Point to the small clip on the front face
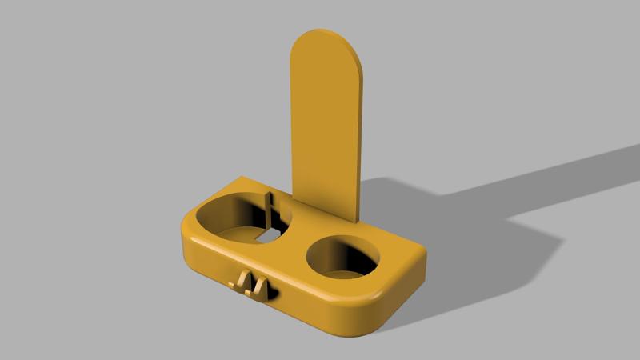253,283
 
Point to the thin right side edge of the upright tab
362,144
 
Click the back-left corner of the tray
240,177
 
